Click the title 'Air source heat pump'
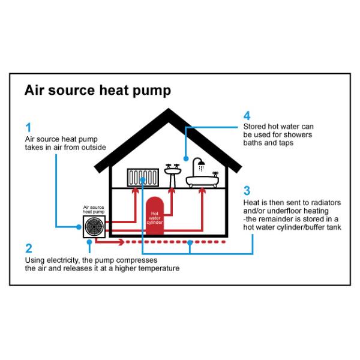[x=98, y=91]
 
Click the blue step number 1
[x=28, y=127]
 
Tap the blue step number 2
[x=28, y=248]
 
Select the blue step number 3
[x=247, y=191]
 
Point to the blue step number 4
[x=247, y=115]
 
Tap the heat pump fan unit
[x=93, y=227]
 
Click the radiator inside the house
[x=143, y=178]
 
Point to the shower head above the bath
[x=200, y=163]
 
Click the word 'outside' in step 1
[x=93, y=147]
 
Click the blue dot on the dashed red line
[x=190, y=242]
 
